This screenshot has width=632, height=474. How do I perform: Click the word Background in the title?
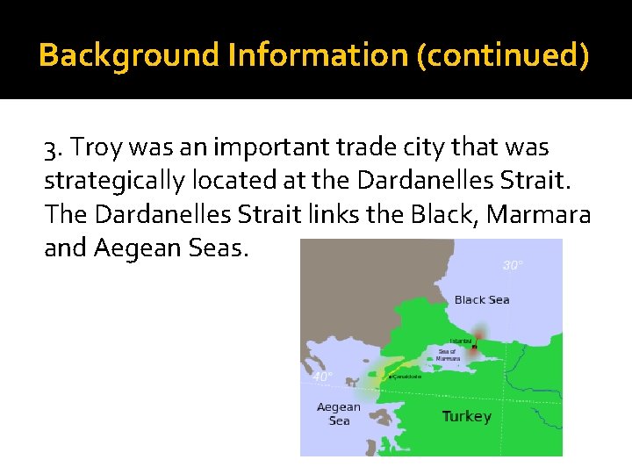(129, 55)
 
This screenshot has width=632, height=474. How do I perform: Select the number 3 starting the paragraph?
(51, 149)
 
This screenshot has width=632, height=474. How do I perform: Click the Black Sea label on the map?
(482, 300)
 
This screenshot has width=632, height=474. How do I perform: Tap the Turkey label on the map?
(466, 416)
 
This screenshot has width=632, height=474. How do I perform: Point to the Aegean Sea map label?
(339, 413)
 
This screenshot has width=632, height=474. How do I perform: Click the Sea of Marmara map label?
(448, 355)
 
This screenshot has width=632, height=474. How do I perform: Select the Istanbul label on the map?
(461, 341)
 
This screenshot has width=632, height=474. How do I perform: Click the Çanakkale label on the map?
(406, 377)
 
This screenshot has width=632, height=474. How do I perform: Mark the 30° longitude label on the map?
(513, 265)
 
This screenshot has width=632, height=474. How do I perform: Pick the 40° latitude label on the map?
(322, 376)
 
